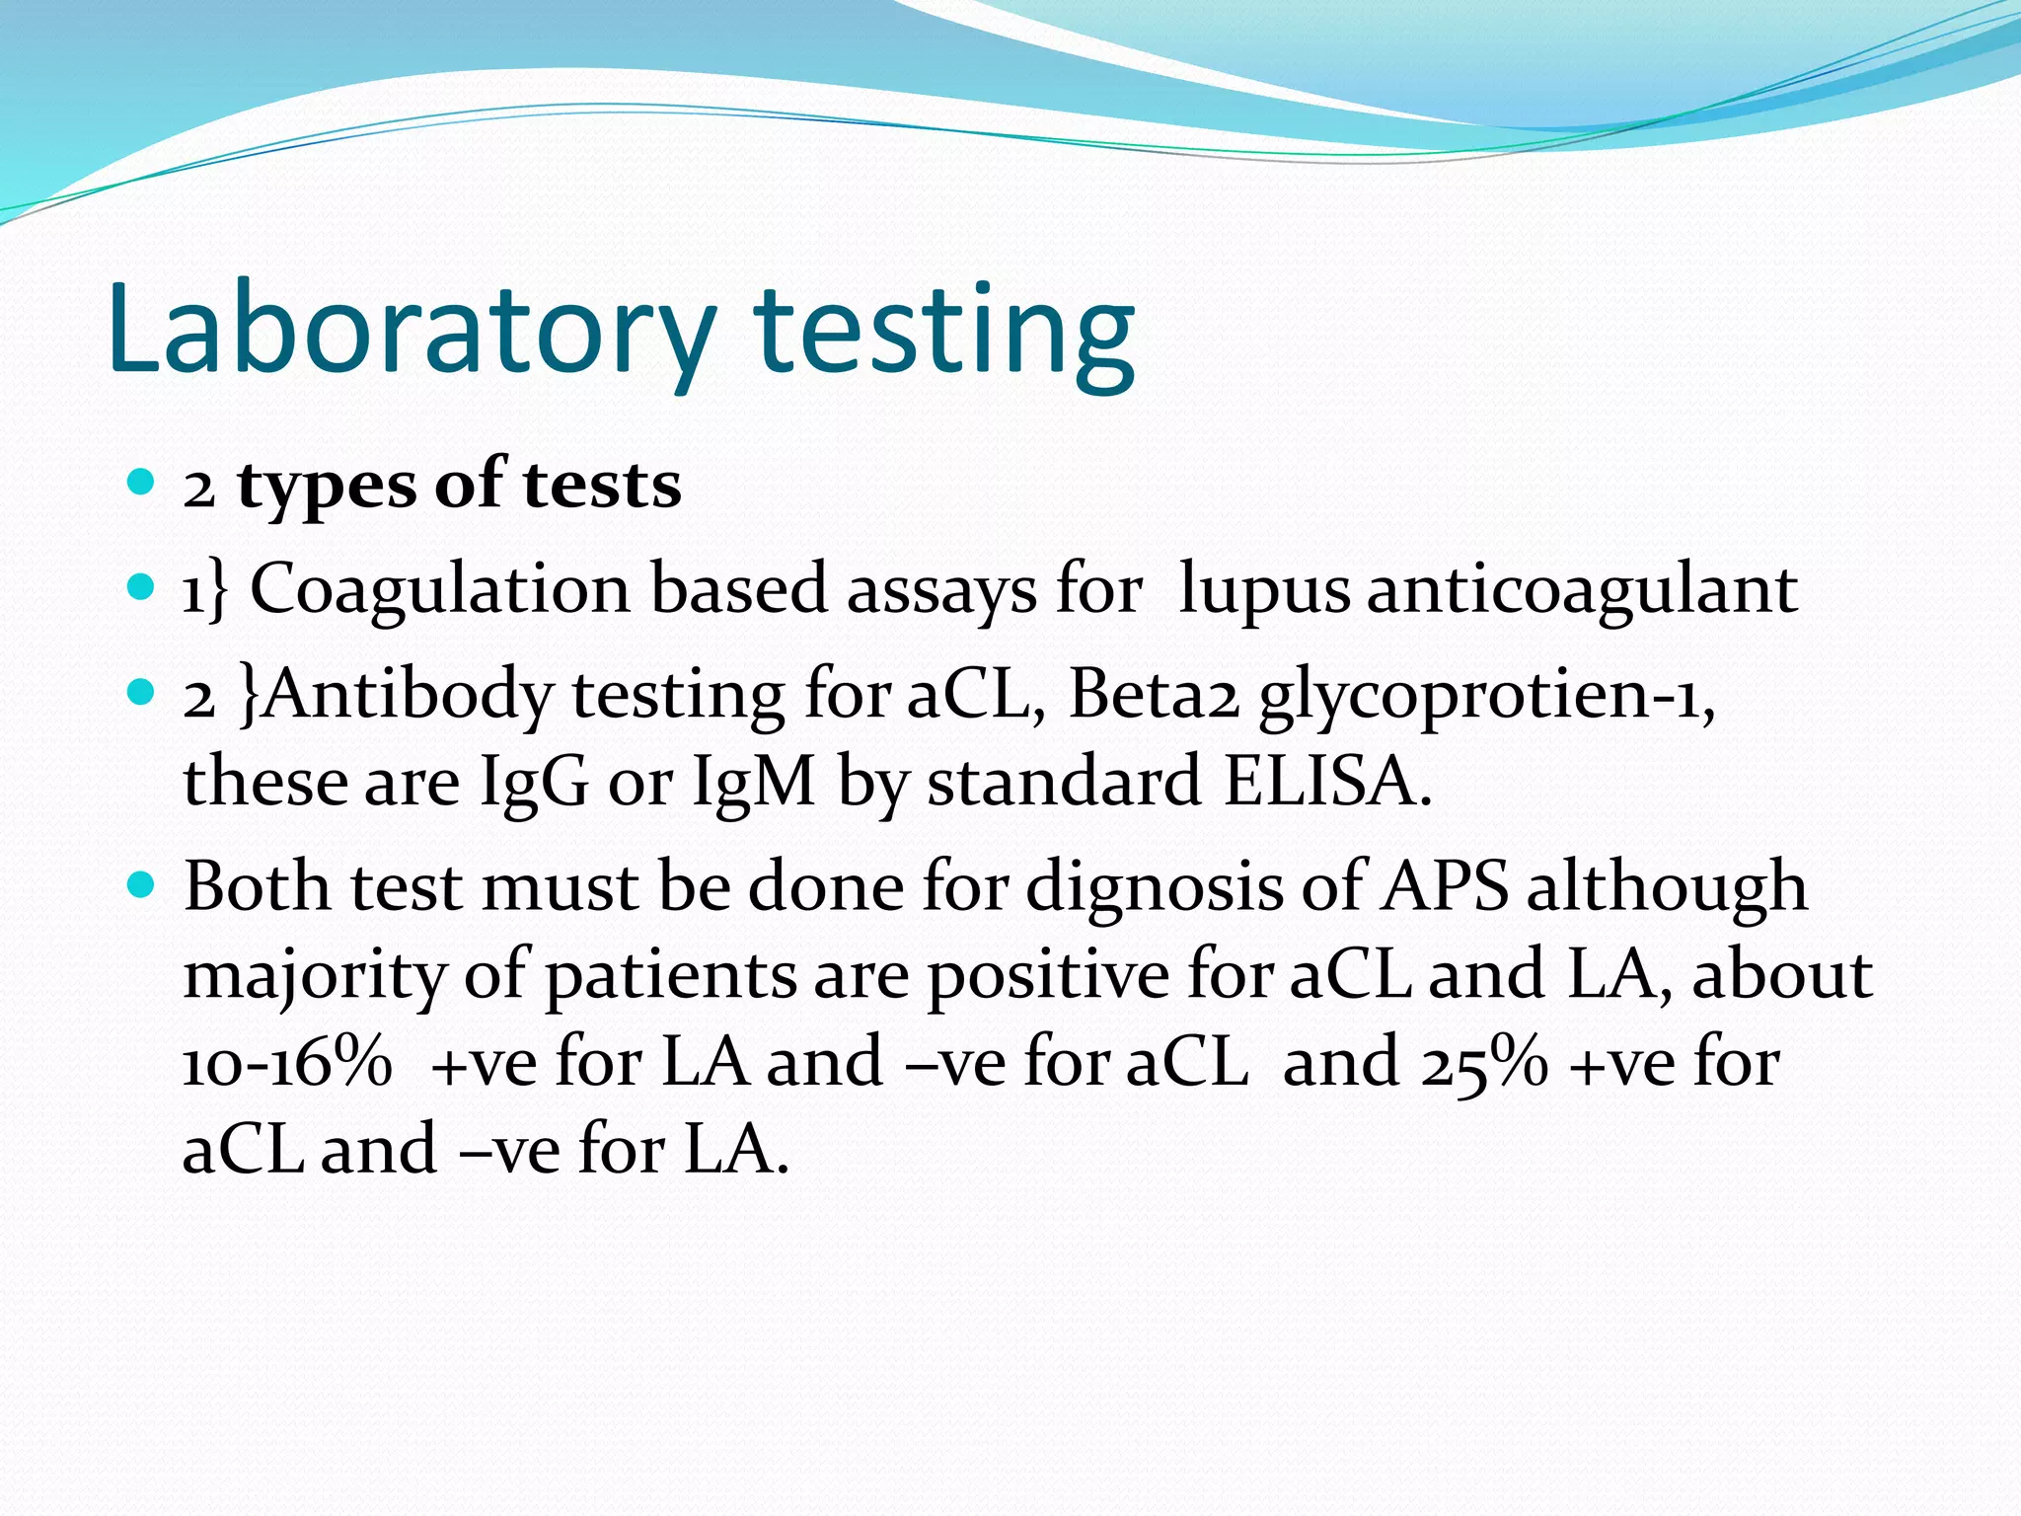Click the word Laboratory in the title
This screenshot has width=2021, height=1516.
coord(411,331)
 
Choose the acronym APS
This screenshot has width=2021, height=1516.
coord(1444,886)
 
